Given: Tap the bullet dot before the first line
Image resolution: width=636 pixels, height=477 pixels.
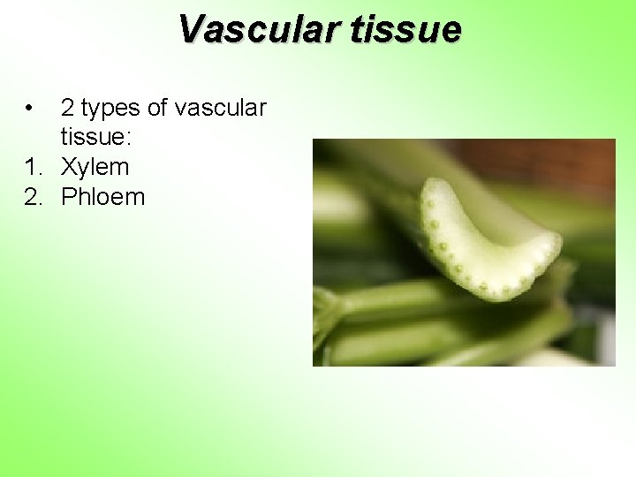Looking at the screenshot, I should point(30,109).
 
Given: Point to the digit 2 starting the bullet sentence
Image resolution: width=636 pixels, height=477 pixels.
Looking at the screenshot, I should point(67,108).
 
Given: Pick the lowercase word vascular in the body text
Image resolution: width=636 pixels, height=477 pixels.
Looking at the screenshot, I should point(221,108).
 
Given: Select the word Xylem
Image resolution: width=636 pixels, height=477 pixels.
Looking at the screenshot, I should point(95,167).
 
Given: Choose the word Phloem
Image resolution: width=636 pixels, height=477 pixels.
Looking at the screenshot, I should point(102,196).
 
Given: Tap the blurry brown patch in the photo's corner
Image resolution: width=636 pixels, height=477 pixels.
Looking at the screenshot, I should point(565,163).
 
